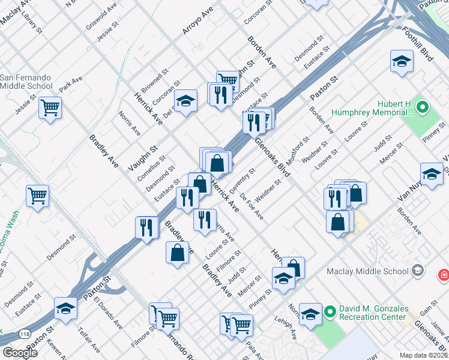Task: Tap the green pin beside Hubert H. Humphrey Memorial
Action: tap(422, 108)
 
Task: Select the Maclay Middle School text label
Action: tap(368, 271)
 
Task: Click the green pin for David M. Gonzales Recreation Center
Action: tap(330, 312)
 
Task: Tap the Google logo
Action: tap(20, 352)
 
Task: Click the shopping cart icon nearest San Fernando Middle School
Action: tap(50, 108)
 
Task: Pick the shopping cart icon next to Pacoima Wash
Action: tap(37, 195)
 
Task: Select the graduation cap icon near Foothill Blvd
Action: tap(402, 61)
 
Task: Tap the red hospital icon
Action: tap(444, 275)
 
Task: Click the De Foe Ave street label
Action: tap(252, 206)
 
